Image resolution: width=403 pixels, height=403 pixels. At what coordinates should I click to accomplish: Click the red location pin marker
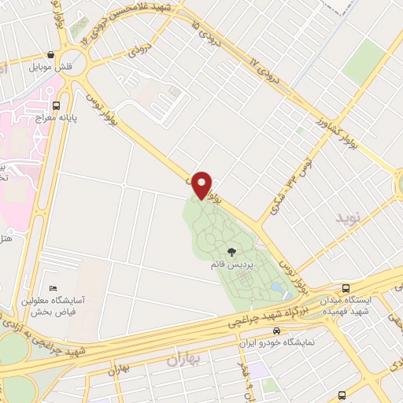click(202, 184)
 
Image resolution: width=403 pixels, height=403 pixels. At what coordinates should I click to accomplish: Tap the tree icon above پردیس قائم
click(233, 253)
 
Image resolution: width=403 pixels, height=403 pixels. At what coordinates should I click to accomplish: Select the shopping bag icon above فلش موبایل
click(51, 55)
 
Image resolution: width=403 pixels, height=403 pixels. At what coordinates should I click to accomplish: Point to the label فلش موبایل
click(51, 68)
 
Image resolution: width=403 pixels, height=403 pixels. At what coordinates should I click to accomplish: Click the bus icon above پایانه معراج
click(56, 105)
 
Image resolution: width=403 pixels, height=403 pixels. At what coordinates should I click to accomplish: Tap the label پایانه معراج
click(55, 117)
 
